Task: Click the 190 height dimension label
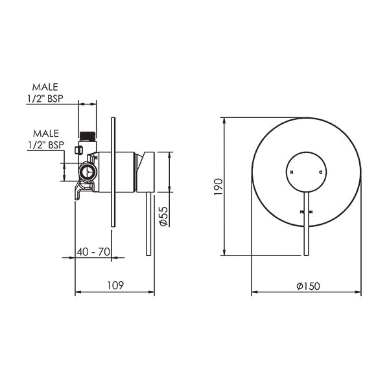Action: pos(218,186)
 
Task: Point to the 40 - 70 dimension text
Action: pos(93,251)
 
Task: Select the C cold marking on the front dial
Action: pos(320,172)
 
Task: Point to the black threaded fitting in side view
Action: pos(87,135)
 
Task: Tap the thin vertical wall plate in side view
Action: pos(114,172)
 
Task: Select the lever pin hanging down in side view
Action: pos(152,224)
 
